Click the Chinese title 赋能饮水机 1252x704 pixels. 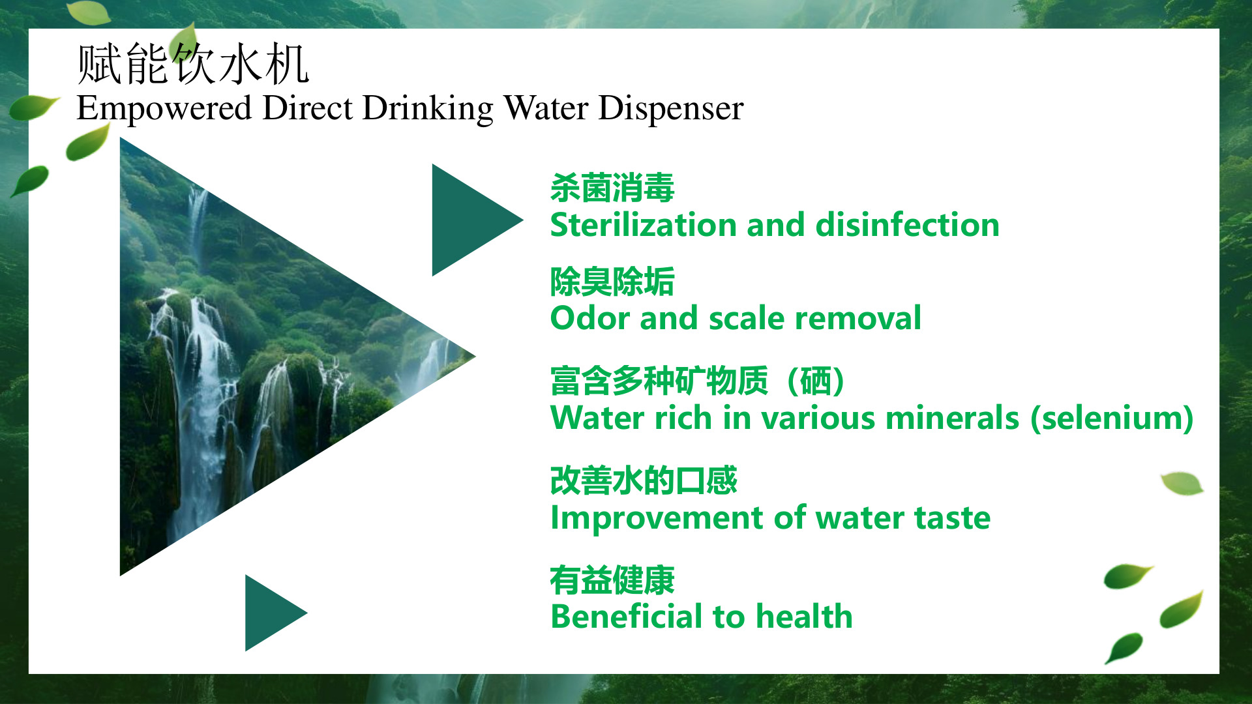click(x=193, y=64)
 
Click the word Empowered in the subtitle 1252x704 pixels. click(x=164, y=108)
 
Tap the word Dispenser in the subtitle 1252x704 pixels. click(x=671, y=108)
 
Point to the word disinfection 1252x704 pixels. click(x=908, y=224)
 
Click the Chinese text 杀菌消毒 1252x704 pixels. click(x=612, y=188)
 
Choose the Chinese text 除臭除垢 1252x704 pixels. click(x=612, y=282)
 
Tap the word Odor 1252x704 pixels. click(x=589, y=318)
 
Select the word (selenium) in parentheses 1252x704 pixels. click(x=1112, y=418)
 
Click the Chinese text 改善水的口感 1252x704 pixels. click(x=644, y=480)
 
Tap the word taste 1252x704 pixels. click(x=952, y=518)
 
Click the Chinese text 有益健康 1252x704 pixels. click(x=612, y=580)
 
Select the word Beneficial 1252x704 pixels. click(x=625, y=617)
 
